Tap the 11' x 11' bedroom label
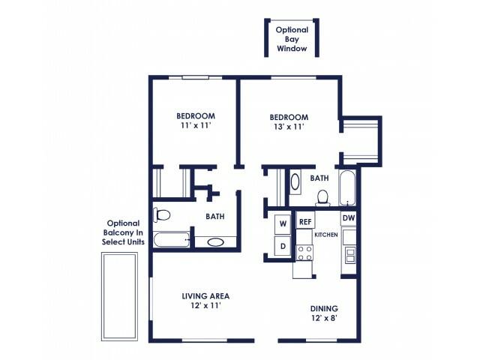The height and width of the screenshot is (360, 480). (196, 121)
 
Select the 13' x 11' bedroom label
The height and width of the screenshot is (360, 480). (289, 123)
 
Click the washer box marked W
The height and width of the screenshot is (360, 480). (283, 223)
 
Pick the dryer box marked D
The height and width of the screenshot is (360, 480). (283, 245)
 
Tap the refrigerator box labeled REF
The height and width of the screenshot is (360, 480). (305, 221)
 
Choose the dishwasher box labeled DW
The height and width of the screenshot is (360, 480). (349, 218)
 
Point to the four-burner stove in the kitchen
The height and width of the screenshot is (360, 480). (304, 253)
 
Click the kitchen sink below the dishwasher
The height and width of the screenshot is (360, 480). (349, 254)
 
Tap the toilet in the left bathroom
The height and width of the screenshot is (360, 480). (162, 215)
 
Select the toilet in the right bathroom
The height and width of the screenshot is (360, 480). (322, 197)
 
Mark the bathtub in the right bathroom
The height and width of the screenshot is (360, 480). (347, 188)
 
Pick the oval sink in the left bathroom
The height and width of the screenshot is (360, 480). (214, 242)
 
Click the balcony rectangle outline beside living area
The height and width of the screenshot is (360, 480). (120, 296)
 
